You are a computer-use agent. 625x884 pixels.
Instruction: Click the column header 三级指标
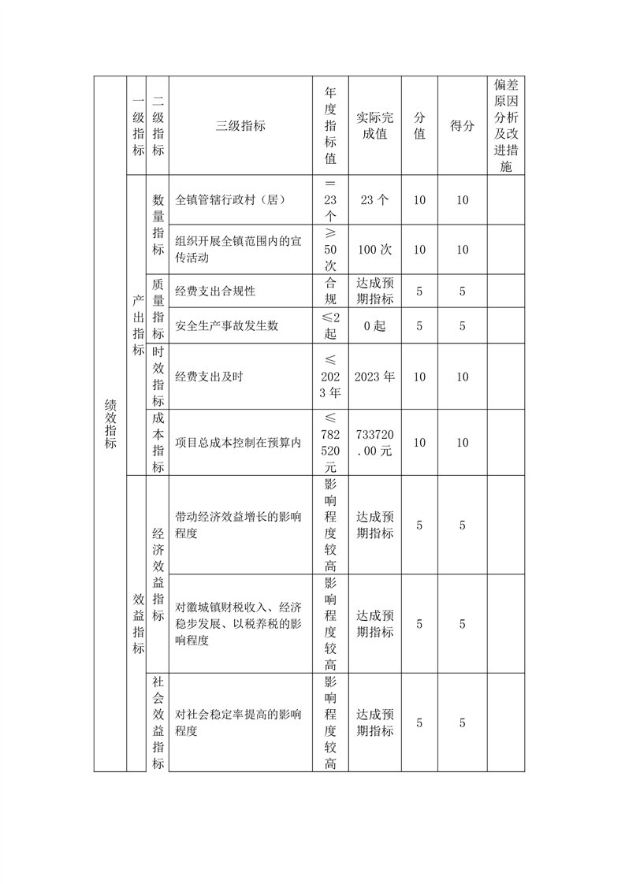click(240, 126)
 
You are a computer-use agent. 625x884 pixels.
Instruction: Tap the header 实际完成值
click(374, 126)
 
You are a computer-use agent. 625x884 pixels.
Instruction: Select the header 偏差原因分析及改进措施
click(505, 125)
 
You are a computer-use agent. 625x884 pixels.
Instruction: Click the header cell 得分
click(463, 126)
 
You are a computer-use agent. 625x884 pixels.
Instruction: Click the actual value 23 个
click(374, 200)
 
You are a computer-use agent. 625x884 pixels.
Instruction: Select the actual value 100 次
click(374, 250)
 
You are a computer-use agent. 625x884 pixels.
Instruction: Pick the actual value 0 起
click(374, 325)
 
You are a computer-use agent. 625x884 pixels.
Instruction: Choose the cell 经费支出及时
click(209, 377)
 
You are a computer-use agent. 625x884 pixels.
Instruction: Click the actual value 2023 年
click(374, 377)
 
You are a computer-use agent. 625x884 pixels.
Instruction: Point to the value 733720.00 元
click(374, 443)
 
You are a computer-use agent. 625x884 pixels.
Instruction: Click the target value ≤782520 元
click(330, 443)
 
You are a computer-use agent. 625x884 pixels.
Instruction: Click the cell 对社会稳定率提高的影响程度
click(238, 722)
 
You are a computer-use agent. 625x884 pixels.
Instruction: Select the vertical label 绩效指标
click(110, 424)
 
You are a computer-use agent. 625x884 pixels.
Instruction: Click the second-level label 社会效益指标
click(158, 722)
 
